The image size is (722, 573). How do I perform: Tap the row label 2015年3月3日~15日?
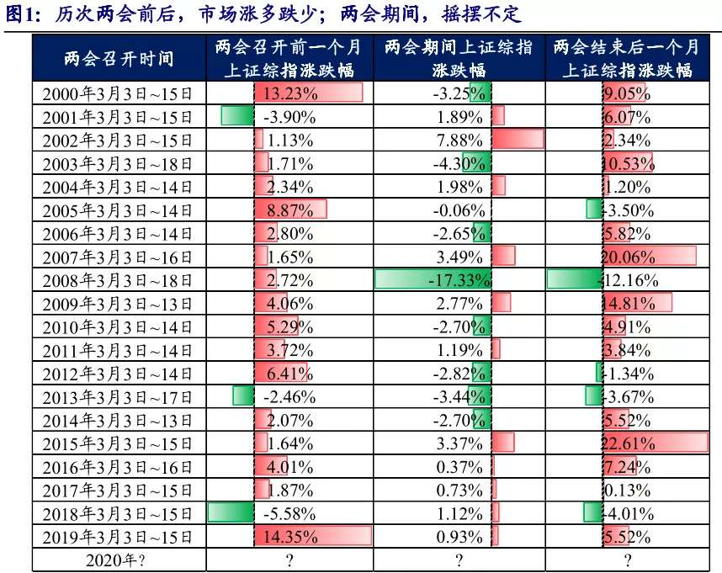pos(118,443)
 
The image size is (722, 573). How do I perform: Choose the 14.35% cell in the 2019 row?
pos(291,536)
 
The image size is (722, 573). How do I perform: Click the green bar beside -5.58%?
pos(231,512)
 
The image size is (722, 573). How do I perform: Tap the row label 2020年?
pos(118,560)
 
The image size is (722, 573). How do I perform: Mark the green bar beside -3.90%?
pos(236,116)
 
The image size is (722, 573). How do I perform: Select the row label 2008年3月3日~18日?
pos(118,280)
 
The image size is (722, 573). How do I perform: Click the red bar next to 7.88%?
pos(518,140)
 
